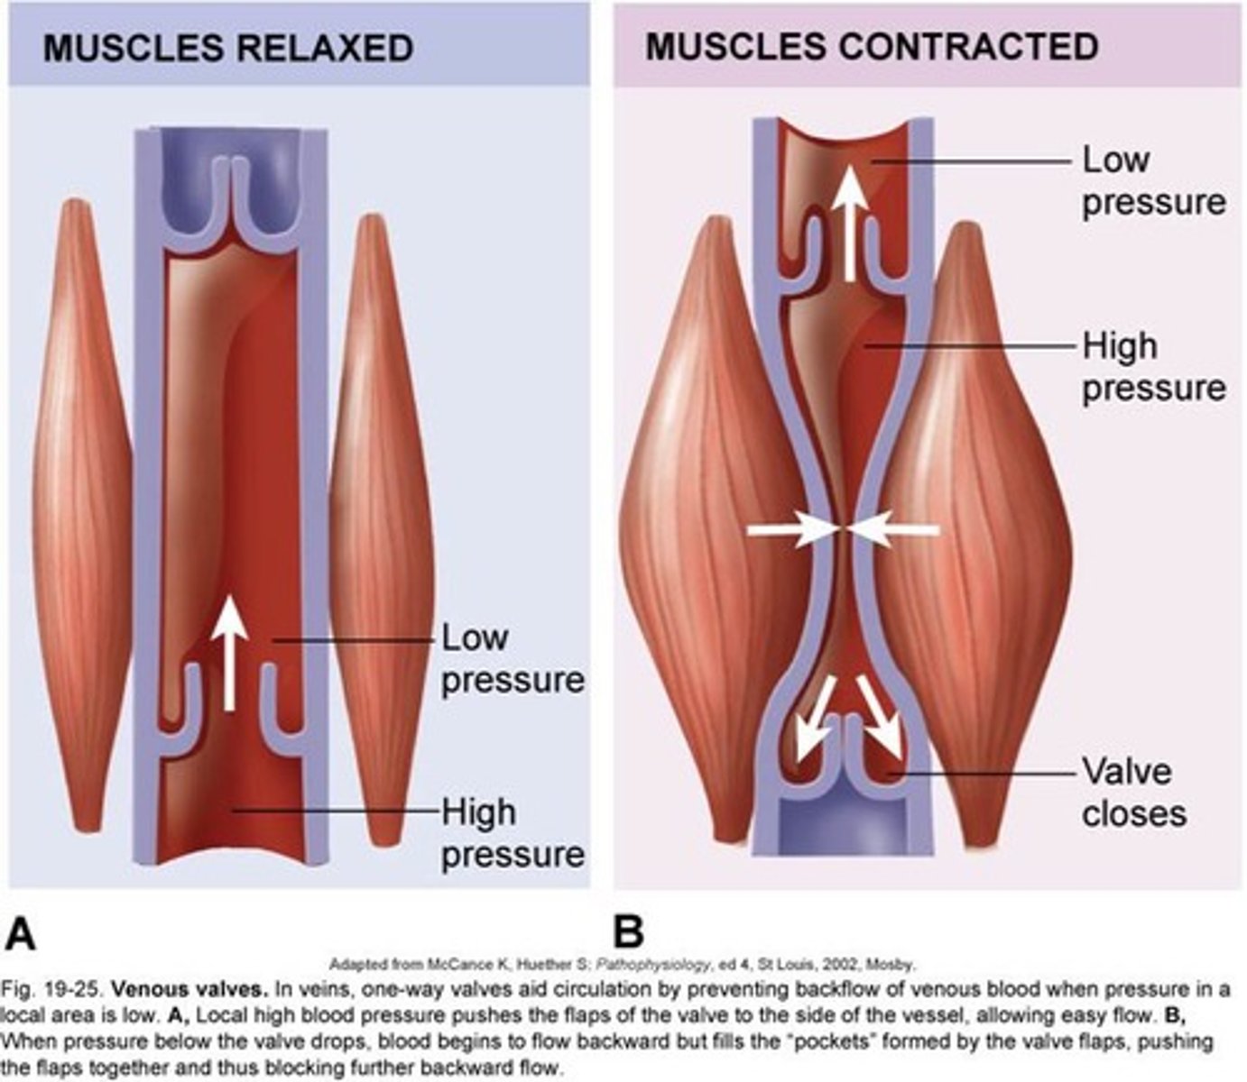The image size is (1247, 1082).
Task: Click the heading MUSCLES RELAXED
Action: click(x=228, y=48)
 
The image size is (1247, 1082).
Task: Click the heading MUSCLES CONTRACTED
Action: click(x=872, y=46)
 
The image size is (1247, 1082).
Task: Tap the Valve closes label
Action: click(x=1133, y=793)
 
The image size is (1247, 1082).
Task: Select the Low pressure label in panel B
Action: click(x=1153, y=181)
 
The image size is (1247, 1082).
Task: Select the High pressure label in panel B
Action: click(x=1153, y=367)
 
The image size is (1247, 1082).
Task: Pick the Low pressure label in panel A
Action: click(x=512, y=659)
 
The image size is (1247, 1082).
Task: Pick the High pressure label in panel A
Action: click(x=512, y=833)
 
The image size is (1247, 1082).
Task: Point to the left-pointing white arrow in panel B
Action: click(x=895, y=533)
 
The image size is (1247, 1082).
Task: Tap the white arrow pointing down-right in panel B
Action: click(x=880, y=717)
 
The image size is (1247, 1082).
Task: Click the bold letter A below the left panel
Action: click(x=21, y=934)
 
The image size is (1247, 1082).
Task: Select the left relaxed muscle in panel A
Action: click(x=81, y=523)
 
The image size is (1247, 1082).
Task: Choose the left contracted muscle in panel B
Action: click(x=713, y=532)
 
